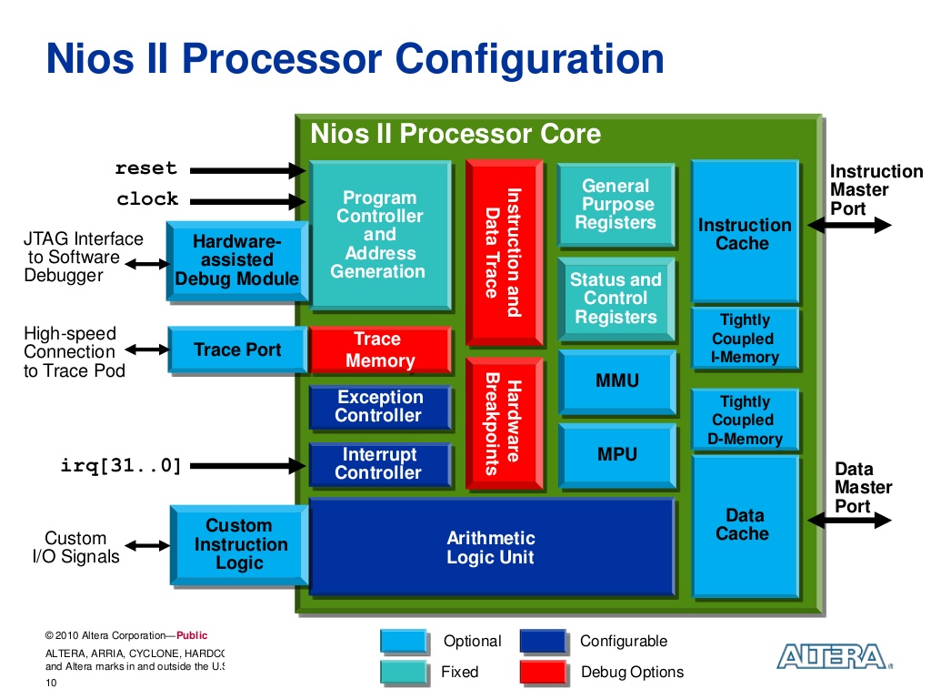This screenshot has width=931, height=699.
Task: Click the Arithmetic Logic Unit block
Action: point(491,547)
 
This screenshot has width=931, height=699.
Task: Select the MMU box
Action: point(616,380)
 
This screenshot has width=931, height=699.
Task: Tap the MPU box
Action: point(616,453)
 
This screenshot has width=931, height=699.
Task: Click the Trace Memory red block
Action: point(379,350)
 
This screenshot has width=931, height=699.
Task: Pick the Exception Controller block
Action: point(379,407)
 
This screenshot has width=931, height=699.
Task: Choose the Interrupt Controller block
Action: point(379,464)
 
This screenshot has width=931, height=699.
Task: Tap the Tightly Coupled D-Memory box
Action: point(744,420)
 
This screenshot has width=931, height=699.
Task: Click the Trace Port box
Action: point(237,349)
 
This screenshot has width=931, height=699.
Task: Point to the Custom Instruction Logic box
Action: point(239,544)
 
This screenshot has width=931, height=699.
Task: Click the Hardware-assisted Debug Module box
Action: point(236,260)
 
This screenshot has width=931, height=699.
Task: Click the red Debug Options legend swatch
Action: point(543,672)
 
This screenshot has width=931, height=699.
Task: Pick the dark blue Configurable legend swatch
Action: point(543,641)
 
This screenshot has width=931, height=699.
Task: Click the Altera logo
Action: point(830,656)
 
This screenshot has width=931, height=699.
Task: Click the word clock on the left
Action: point(147,198)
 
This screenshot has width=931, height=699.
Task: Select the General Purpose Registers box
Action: point(616,205)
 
